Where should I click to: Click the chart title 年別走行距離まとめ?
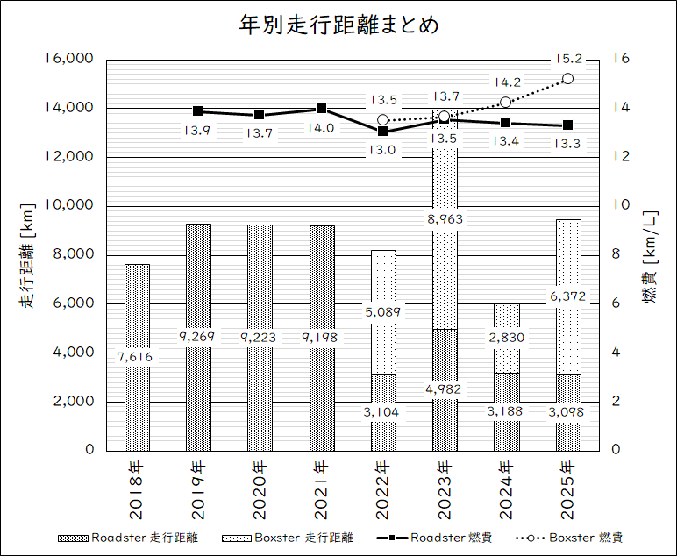coord(338,25)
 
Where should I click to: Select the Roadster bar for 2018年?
coord(137,403)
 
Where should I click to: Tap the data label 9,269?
coord(198,337)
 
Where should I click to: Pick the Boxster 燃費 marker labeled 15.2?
coord(567,79)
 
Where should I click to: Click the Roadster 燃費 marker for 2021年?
coord(321,109)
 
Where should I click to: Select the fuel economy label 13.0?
coord(382,150)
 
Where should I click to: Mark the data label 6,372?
coord(567,296)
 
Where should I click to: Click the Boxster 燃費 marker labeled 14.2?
coord(506,103)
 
